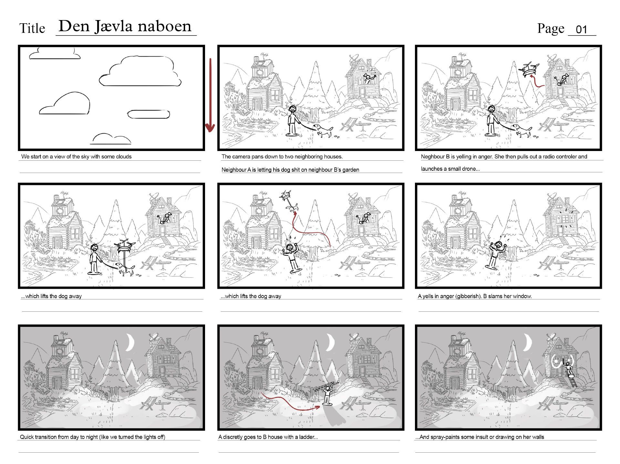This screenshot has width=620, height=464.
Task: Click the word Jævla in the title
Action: tap(113, 27)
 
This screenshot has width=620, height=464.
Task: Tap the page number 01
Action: tap(581, 30)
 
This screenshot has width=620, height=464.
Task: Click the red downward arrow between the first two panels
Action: tap(210, 95)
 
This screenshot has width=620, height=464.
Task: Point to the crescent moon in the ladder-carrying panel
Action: tap(331, 342)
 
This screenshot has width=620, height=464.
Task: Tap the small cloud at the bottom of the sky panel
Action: tap(111, 139)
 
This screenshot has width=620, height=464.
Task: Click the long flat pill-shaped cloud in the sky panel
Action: tap(149, 114)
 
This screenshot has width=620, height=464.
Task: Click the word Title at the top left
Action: tap(32, 28)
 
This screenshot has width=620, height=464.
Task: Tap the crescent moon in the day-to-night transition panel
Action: tap(130, 342)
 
